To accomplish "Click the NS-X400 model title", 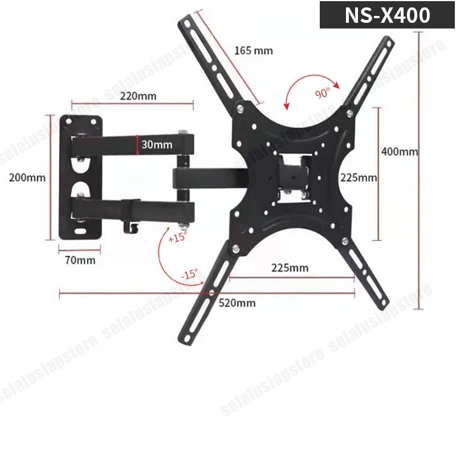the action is [x=387, y=15].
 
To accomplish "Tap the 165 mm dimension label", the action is [x=254, y=51].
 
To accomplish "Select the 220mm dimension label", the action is [x=138, y=96].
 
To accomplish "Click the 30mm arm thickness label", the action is [x=157, y=145].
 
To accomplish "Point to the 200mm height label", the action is [x=27, y=177].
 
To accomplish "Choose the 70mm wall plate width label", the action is [x=80, y=260].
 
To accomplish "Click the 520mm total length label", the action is [x=237, y=303].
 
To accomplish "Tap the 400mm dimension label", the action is [x=400, y=152].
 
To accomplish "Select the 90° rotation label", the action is [x=322, y=93].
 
